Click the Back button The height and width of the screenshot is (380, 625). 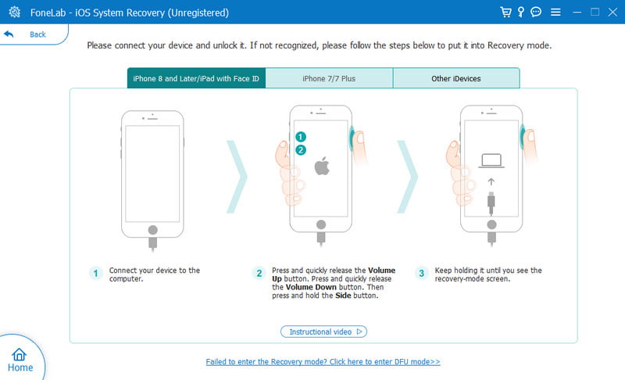click(x=26, y=34)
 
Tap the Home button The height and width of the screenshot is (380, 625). click(x=20, y=360)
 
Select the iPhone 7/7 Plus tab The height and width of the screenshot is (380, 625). click(x=329, y=78)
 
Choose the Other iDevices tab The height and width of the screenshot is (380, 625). click(x=456, y=78)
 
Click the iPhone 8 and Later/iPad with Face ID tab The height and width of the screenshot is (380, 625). click(x=196, y=78)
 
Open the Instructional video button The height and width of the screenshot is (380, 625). click(x=323, y=332)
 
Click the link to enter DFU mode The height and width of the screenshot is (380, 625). click(x=323, y=362)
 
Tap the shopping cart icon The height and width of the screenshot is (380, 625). click(x=505, y=12)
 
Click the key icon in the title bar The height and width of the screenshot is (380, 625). click(x=520, y=12)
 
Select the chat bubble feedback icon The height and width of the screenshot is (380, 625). click(x=536, y=12)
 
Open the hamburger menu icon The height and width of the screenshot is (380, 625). click(x=555, y=13)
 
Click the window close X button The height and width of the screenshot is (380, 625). click(x=612, y=13)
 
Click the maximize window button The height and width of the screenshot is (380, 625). click(x=595, y=12)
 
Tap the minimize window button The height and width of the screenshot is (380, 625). click(x=577, y=13)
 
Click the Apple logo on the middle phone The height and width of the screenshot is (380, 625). click(x=322, y=166)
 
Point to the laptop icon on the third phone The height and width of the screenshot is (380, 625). click(x=491, y=161)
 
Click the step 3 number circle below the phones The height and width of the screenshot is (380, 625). click(x=421, y=273)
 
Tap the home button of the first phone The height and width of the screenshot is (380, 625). click(x=152, y=230)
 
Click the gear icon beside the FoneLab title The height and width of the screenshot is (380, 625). click(x=14, y=12)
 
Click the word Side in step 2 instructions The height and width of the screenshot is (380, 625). click(x=343, y=296)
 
